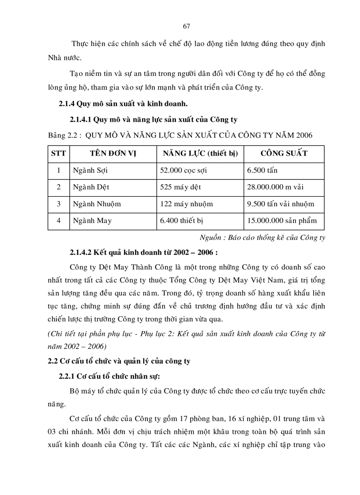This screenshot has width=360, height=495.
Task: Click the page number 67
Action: pyautogui.click(x=186, y=26)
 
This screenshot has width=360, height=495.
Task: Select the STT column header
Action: pyautogui.click(x=58, y=153)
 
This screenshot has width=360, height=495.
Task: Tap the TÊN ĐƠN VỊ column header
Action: pyautogui.click(x=112, y=153)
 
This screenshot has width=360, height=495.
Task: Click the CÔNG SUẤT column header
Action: pyautogui.click(x=284, y=153)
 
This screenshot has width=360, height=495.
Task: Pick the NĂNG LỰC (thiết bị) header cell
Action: pyautogui.click(x=200, y=153)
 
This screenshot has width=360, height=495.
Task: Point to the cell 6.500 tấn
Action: pyautogui.click(x=262, y=170)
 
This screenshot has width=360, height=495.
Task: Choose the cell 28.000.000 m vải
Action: pyautogui.click(x=275, y=187)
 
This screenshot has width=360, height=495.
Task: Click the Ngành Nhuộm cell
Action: pyautogui.click(x=97, y=204)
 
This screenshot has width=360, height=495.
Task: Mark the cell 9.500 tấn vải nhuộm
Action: pyautogui.click(x=281, y=204)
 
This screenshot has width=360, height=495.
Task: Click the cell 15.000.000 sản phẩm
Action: pyautogui.click(x=282, y=220)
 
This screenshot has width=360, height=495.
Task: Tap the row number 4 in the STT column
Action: pyautogui.click(x=58, y=220)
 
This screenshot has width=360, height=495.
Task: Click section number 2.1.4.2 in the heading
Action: pyautogui.click(x=82, y=253)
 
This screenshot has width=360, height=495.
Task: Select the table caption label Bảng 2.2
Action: pyautogui.click(x=64, y=135)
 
